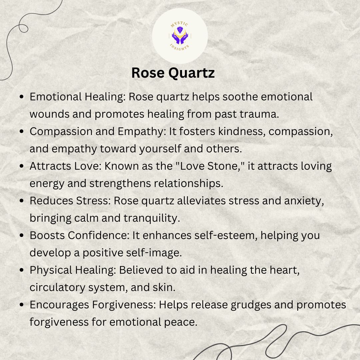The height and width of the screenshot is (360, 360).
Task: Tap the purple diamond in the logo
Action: tap(180, 30)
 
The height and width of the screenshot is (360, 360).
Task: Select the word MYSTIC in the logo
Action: tap(180, 24)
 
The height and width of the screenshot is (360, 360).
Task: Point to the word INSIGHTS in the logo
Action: tap(180, 47)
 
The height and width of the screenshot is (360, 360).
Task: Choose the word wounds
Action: tap(49, 114)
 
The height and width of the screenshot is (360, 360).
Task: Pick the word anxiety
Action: tap(304, 201)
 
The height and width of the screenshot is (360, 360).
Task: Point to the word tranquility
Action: tap(152, 218)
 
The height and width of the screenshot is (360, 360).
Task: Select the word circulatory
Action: tap(57, 287)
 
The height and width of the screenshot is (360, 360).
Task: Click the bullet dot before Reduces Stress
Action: tap(22, 201)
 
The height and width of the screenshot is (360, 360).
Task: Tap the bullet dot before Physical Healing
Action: tap(22, 270)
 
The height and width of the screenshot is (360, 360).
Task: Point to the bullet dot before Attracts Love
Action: tap(22, 166)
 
